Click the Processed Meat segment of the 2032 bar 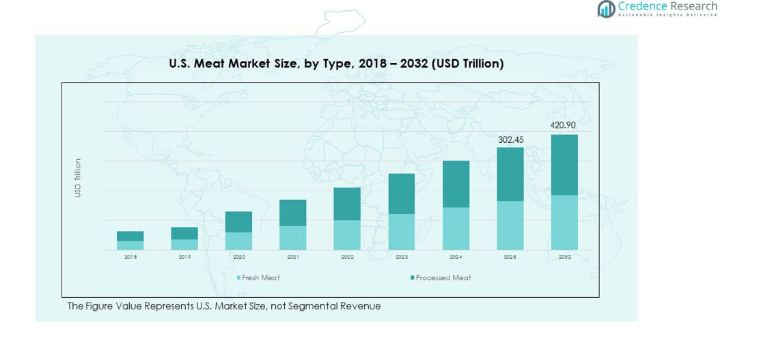(564, 165)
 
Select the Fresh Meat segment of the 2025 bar (510, 225)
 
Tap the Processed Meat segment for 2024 (456, 184)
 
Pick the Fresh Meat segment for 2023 (402, 232)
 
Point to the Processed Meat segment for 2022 (347, 204)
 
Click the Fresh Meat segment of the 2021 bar (293, 238)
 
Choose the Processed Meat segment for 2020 (238, 221)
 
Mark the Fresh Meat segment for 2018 (130, 245)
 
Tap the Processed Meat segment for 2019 (184, 233)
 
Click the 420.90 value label (563, 126)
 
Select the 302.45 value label (510, 139)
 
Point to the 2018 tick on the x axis (130, 258)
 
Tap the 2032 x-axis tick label (564, 258)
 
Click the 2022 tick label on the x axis (347, 258)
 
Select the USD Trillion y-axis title (78, 178)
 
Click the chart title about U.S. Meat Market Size (336, 64)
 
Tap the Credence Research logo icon (606, 9)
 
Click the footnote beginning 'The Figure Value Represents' (223, 306)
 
